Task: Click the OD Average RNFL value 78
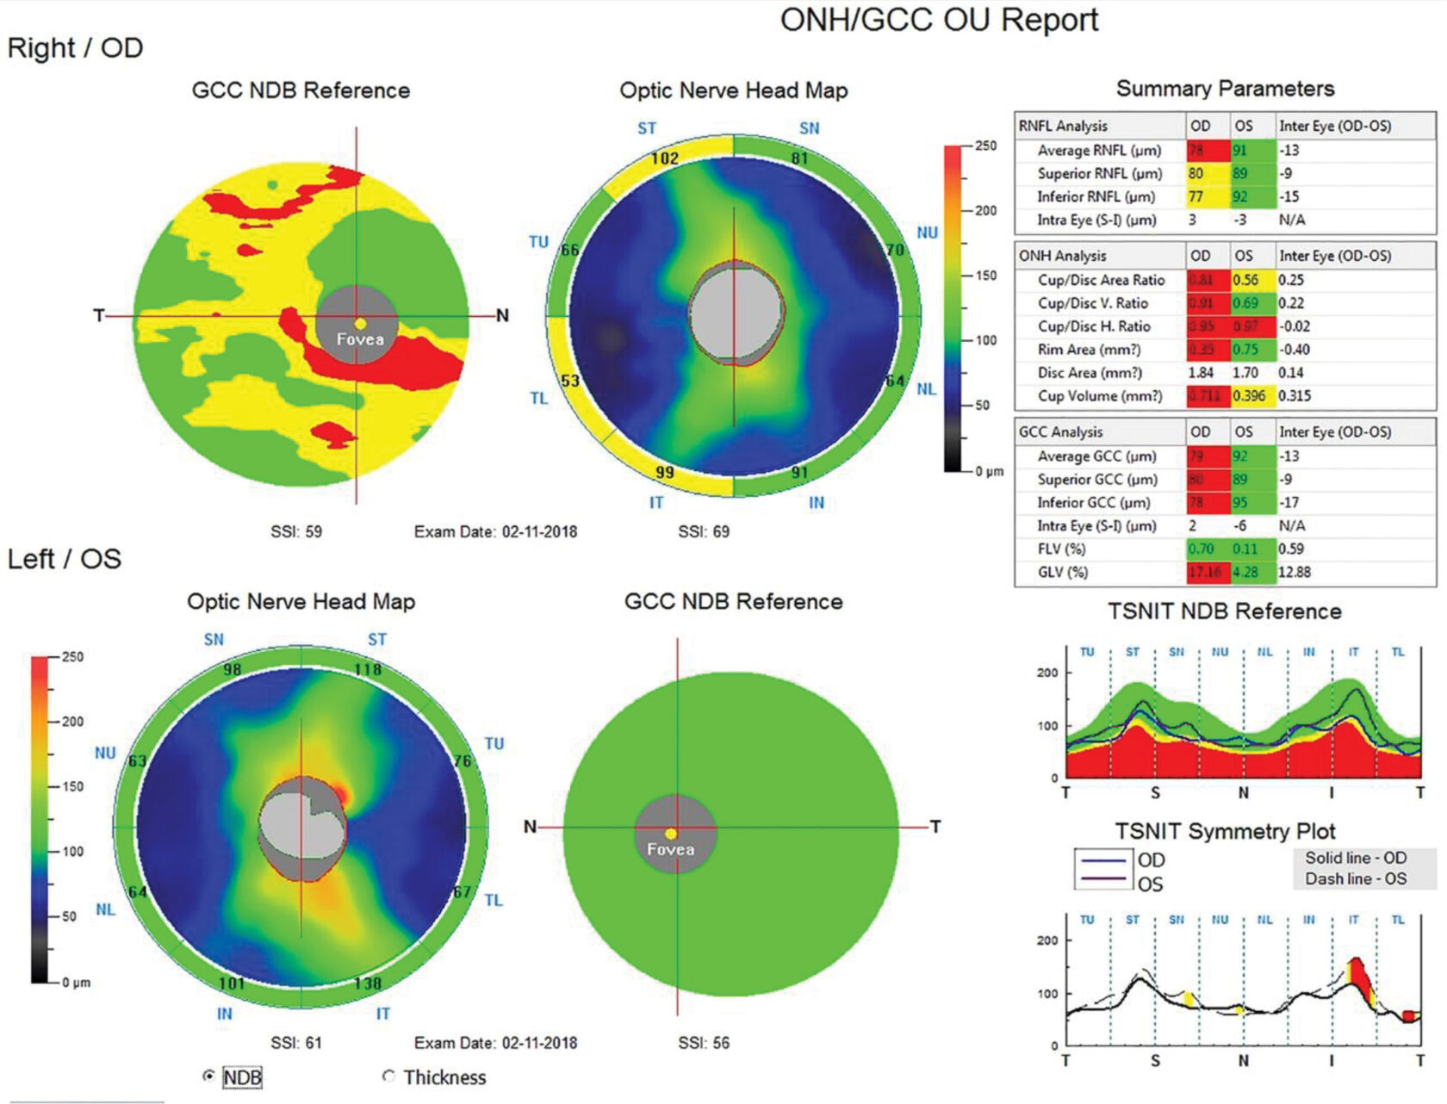pyautogui.click(x=1196, y=150)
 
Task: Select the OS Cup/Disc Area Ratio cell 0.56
pyautogui.click(x=1245, y=280)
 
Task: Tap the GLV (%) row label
pyautogui.click(x=1062, y=572)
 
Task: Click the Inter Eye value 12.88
pyautogui.click(x=1294, y=572)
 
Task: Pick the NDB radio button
pyautogui.click(x=208, y=1076)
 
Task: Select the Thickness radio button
pyautogui.click(x=388, y=1076)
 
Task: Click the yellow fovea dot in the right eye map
pyautogui.click(x=361, y=324)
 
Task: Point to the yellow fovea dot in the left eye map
pyautogui.click(x=671, y=834)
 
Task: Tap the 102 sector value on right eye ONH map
pyautogui.click(x=664, y=158)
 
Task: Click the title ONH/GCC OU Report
pyautogui.click(x=939, y=21)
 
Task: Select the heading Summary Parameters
pyautogui.click(x=1225, y=89)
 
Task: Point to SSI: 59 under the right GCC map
pyautogui.click(x=296, y=531)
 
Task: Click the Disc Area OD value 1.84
pyautogui.click(x=1200, y=373)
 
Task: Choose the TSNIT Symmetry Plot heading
pyautogui.click(x=1225, y=831)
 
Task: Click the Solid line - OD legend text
pyautogui.click(x=1355, y=858)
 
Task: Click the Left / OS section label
pyautogui.click(x=65, y=559)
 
